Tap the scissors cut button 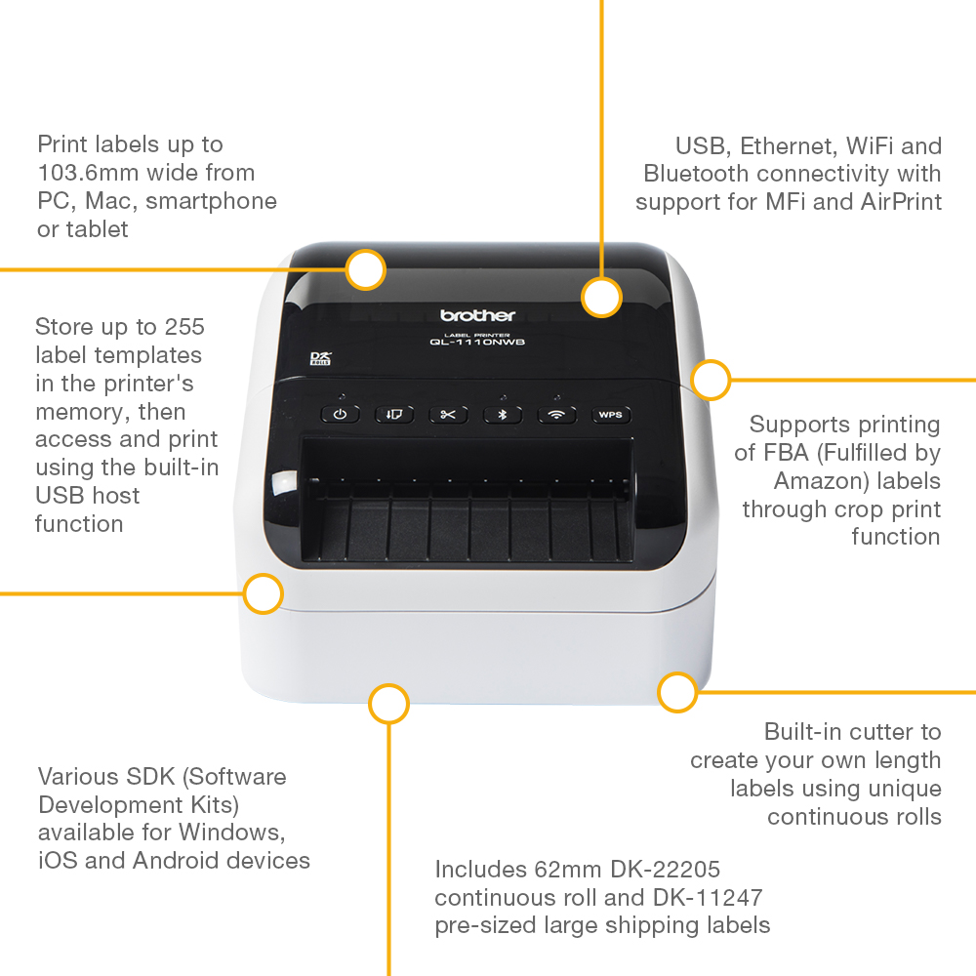448,415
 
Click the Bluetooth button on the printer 503,415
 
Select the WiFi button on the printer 556,415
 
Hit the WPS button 611,415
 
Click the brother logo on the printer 477,315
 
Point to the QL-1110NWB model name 477,342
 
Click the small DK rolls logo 320,358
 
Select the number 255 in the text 184,327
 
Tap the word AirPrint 901,202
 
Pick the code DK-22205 666,869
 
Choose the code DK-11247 708,898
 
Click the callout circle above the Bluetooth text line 602,297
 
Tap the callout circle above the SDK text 388,704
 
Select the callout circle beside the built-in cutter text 677,692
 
